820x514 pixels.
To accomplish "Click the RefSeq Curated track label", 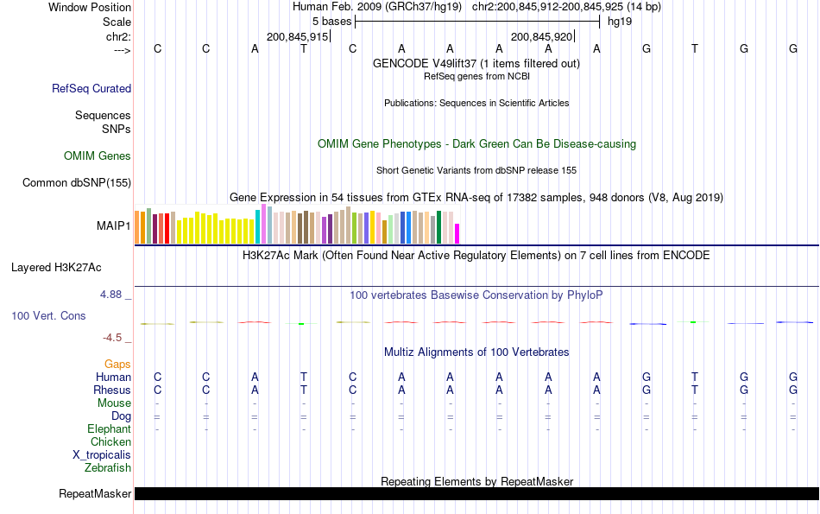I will tap(91, 88).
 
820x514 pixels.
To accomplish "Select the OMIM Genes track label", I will tap(98, 156).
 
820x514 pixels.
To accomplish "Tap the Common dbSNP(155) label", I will tap(77, 182).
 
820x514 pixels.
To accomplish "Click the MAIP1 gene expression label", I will tap(114, 226).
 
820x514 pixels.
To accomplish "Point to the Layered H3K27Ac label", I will tap(56, 267).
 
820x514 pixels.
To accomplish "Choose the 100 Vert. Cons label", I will tap(48, 316).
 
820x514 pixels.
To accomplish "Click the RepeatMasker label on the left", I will tap(95, 494).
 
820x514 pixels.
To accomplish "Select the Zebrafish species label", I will tap(108, 468).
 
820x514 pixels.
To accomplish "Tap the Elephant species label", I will tap(109, 429).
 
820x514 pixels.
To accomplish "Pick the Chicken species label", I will tap(110, 442).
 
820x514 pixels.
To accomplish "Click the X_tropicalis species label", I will tap(102, 455).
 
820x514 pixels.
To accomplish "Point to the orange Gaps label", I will tap(117, 365).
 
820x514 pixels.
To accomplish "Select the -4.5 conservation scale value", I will tap(111, 338).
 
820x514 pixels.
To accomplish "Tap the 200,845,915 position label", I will tap(297, 37).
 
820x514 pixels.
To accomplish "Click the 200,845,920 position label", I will tap(541, 37).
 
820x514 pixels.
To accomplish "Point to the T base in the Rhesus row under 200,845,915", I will tap(303, 390).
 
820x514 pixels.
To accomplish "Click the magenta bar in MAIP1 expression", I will tap(457, 233).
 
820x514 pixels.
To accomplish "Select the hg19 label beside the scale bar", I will tap(620, 21).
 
